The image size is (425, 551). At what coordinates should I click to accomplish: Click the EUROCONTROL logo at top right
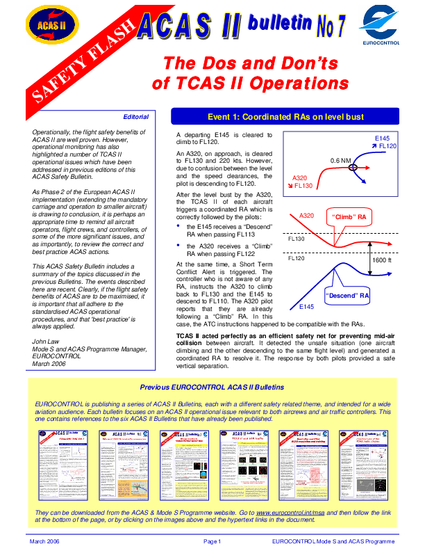click(x=381, y=26)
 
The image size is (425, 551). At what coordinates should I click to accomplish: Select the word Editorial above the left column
click(x=135, y=116)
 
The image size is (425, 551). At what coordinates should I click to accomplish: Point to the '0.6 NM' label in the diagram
click(x=340, y=161)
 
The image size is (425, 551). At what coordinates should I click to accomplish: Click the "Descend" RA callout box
click(x=347, y=295)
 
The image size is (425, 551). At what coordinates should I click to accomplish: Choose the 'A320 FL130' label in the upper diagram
click(x=303, y=182)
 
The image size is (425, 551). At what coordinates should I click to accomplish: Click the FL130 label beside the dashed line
click(x=297, y=239)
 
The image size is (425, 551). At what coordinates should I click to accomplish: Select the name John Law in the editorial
click(x=47, y=340)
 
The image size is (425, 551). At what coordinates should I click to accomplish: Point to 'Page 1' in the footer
click(x=212, y=541)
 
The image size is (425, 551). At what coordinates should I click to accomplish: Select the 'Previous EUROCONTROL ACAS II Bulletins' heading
click(x=212, y=388)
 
